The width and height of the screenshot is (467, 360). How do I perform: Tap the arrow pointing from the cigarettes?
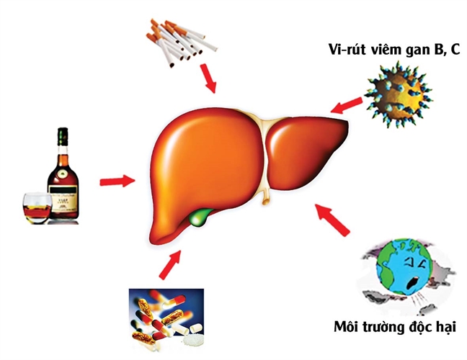coord(208,78)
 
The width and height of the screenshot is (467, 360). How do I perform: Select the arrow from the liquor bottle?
coord(117,181)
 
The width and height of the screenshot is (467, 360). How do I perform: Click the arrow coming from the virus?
coord(347,105)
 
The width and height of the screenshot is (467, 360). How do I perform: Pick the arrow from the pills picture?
coord(170,264)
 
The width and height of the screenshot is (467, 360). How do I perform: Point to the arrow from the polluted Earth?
coord(333,220)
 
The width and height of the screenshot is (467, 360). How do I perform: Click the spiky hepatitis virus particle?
coord(399,94)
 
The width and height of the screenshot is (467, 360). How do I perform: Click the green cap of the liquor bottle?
coord(63,137)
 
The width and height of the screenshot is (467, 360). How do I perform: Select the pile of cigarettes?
coord(181,42)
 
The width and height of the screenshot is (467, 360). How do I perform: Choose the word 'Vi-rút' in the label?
coord(347,50)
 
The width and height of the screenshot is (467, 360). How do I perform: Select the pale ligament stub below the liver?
coord(265,197)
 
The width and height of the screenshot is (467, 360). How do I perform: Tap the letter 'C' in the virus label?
coord(455,49)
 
